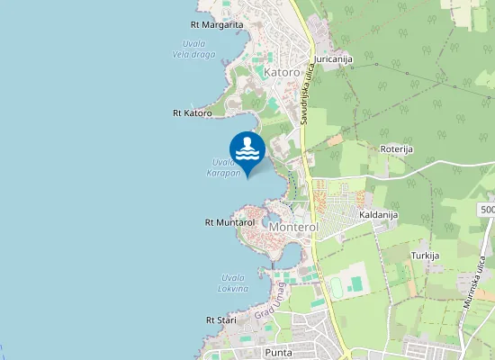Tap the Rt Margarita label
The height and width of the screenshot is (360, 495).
pyautogui.click(x=217, y=25)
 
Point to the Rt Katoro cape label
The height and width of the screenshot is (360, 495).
pyautogui.click(x=192, y=113)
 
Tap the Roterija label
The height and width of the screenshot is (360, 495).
pyautogui.click(x=396, y=150)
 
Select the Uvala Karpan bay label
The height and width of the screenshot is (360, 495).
pyautogui.click(x=223, y=167)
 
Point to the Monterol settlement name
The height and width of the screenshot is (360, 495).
pyautogui.click(x=293, y=229)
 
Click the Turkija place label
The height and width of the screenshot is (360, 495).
pyautogui.click(x=425, y=256)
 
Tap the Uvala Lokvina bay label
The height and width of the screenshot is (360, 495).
pyautogui.click(x=232, y=283)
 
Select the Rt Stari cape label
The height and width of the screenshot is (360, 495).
pyautogui.click(x=220, y=319)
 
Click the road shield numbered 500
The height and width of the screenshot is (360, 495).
pyautogui.click(x=487, y=209)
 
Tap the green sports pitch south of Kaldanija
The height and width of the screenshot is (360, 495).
pyautogui.click(x=356, y=283)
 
